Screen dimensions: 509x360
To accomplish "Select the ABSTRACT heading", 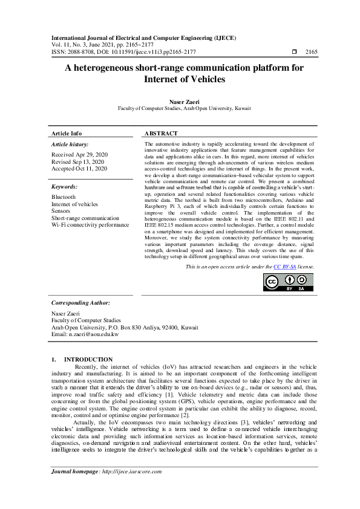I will (x=162, y=133).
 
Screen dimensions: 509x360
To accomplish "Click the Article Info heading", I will (x=67, y=133).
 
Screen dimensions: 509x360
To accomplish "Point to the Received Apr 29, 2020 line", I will (x=79, y=155).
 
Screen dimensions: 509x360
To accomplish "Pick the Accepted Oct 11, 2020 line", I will (x=79, y=169).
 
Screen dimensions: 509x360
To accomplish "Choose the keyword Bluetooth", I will (x=64, y=197).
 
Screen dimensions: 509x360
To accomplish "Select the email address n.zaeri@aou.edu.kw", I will (x=85, y=334).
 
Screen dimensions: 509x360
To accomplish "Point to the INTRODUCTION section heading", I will (x=88, y=360).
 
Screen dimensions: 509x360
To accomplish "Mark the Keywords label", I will (x=65, y=187).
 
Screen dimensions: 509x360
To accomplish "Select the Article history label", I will (x=70, y=145).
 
